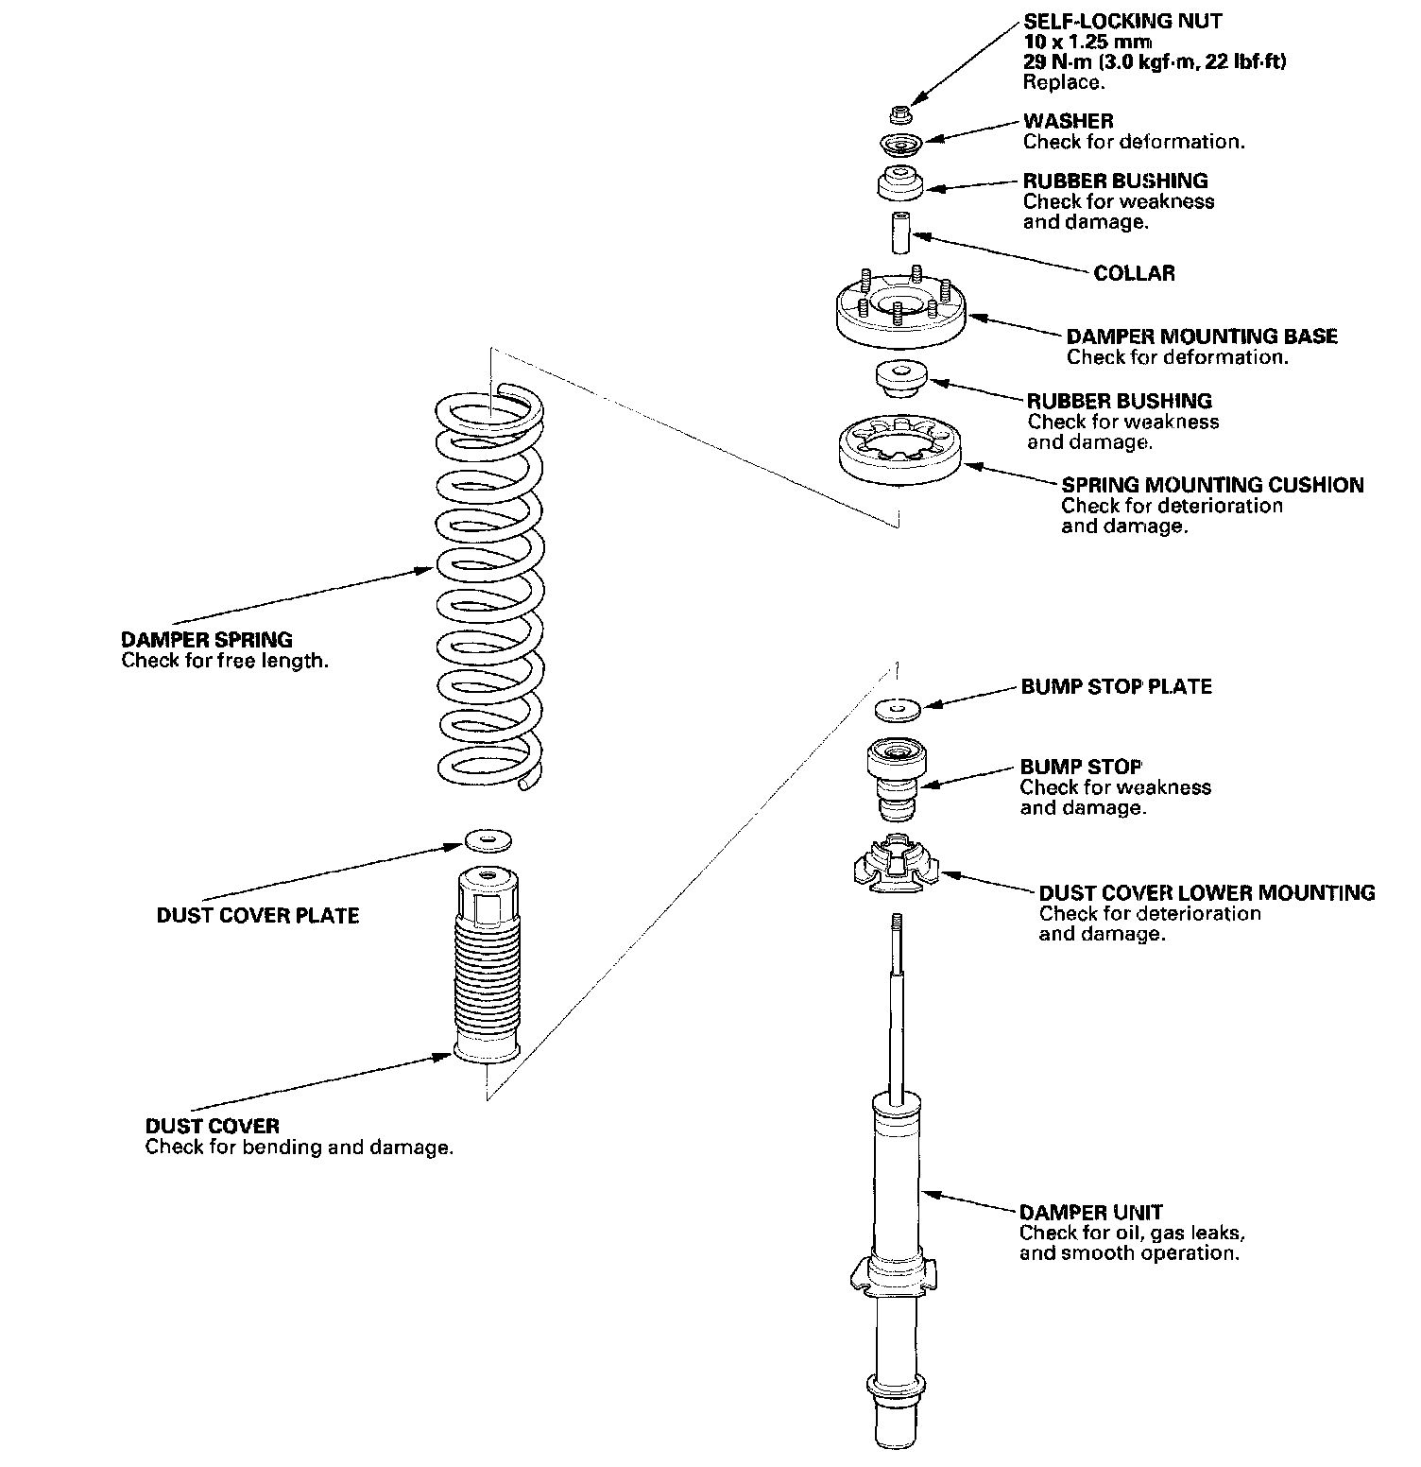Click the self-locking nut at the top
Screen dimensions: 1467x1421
pyautogui.click(x=900, y=115)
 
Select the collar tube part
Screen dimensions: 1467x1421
pyautogui.click(x=900, y=232)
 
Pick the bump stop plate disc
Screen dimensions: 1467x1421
pyautogui.click(x=898, y=706)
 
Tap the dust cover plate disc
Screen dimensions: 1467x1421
pyautogui.click(x=487, y=838)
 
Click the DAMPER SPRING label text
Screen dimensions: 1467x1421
pyautogui.click(x=207, y=639)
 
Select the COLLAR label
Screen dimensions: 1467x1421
pyautogui.click(x=1134, y=273)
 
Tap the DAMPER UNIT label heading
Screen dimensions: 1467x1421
pyautogui.click(x=1090, y=1212)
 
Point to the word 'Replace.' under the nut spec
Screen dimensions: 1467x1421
pyautogui.click(x=1063, y=82)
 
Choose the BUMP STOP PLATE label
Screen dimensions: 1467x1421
pyautogui.click(x=1116, y=686)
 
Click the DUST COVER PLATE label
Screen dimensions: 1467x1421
pyautogui.click(x=258, y=915)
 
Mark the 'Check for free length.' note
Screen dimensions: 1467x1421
pyautogui.click(x=225, y=661)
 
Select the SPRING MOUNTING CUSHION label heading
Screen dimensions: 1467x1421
pyautogui.click(x=1212, y=485)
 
